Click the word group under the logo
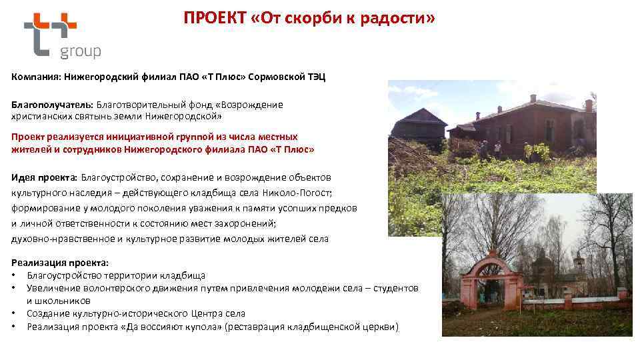tap(80, 52)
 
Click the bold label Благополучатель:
tap(52, 105)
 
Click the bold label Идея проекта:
tap(44, 177)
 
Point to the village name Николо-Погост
tap(301, 193)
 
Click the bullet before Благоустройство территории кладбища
tap(13, 275)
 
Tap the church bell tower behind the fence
tap(579, 267)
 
